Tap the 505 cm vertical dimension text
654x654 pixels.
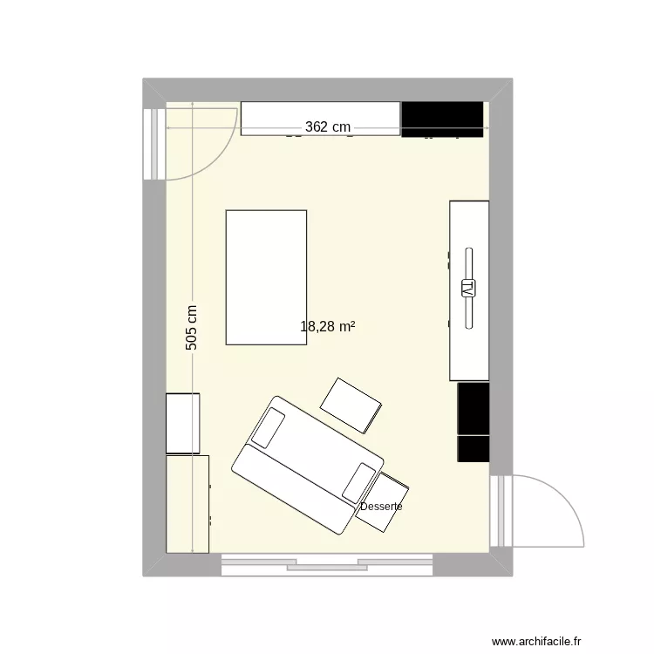click(192, 327)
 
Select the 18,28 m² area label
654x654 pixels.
click(327, 327)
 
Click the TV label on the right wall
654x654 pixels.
click(468, 288)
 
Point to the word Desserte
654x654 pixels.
click(381, 507)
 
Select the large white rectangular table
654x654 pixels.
click(266, 277)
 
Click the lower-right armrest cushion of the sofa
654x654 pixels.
click(359, 482)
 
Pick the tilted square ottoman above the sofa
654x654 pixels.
click(351, 405)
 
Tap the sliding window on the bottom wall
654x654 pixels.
click(327, 565)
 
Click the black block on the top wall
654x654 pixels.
click(442, 119)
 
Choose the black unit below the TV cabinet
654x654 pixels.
click(473, 422)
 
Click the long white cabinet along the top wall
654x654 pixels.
click(320, 113)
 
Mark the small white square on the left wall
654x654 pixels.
click(183, 423)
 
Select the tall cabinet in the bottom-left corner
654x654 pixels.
click(187, 504)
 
